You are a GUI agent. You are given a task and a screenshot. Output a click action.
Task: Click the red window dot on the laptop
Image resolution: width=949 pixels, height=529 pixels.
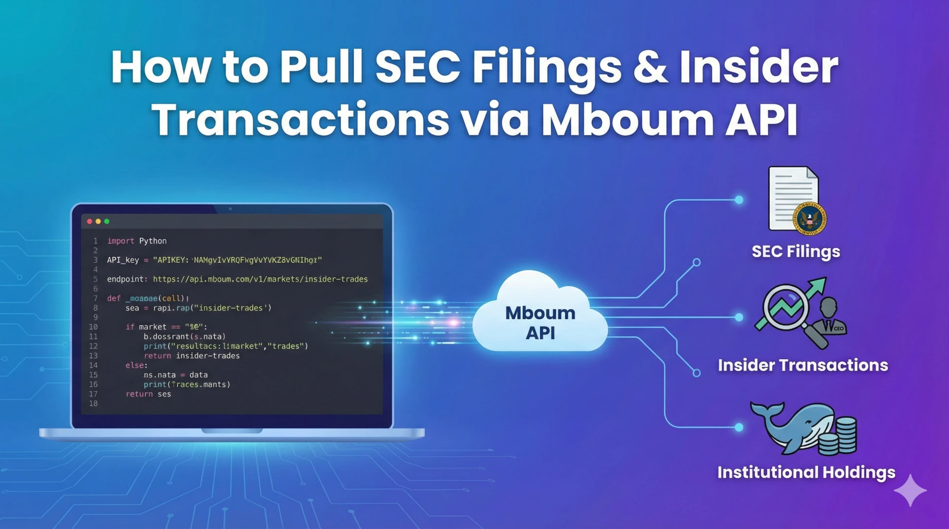click(90, 221)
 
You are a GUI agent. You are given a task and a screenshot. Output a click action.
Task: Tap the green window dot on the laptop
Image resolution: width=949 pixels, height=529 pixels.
click(107, 221)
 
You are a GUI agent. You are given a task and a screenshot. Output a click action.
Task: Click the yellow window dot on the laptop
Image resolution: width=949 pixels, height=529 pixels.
click(98, 221)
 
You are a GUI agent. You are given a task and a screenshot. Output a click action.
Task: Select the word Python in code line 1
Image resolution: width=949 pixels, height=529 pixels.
click(153, 241)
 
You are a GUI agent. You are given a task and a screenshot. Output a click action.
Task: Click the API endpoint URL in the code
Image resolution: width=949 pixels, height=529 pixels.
click(260, 280)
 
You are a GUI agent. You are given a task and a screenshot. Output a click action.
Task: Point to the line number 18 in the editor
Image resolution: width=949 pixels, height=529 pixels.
click(93, 404)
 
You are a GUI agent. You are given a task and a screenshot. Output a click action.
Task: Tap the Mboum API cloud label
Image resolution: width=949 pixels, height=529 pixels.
click(540, 323)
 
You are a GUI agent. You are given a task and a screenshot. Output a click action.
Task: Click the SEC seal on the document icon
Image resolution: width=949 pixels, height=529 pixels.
click(809, 219)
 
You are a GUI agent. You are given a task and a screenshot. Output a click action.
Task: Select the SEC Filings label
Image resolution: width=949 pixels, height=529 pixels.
click(796, 251)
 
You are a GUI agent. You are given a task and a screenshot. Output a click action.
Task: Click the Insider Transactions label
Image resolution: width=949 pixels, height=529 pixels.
click(803, 365)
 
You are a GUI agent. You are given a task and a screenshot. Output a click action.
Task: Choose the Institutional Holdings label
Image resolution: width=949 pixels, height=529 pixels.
click(806, 472)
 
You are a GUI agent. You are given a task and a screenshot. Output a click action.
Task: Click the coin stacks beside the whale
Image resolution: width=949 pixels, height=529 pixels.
click(841, 436)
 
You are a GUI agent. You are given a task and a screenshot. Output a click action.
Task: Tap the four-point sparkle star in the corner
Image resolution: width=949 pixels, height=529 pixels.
click(910, 491)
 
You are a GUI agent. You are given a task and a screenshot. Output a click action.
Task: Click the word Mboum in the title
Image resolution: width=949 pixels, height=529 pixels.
click(626, 120)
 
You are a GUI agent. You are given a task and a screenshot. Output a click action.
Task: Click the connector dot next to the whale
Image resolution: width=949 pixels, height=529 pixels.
click(739, 427)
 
